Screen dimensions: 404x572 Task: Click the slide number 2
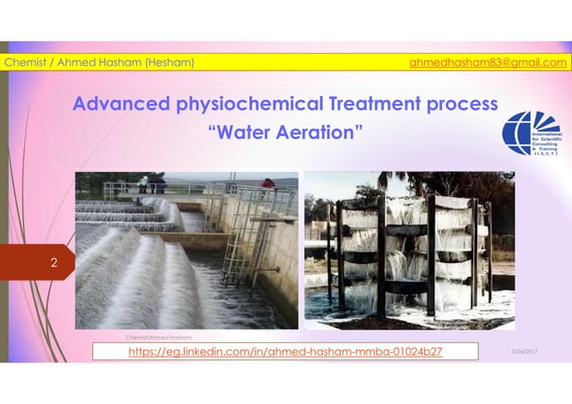point(54,263)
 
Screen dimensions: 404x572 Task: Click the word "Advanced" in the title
point(115,104)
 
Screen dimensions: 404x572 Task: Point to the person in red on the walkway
point(267,184)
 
